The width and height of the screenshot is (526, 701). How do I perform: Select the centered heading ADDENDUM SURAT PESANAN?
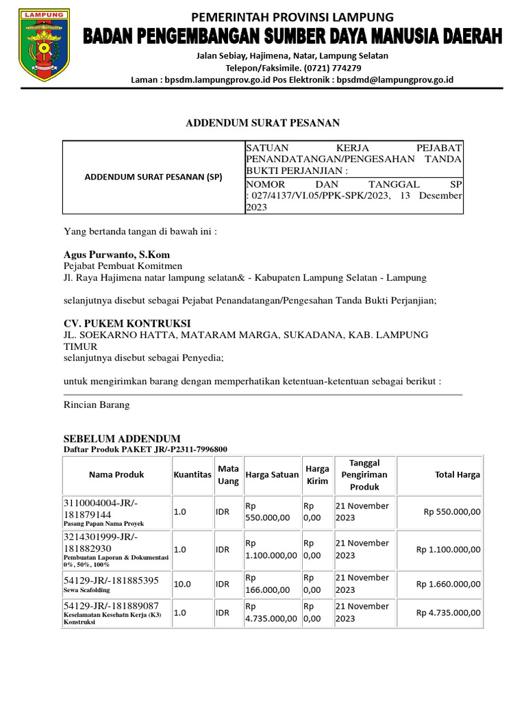(262, 123)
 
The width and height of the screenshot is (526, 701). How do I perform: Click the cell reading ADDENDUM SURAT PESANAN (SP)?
(153, 177)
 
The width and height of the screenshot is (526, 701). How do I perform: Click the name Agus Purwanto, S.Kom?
(116, 255)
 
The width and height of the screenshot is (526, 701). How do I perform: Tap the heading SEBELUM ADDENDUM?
(122, 438)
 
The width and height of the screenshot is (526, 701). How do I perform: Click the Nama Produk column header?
(116, 474)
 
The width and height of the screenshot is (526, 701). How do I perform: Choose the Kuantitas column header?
(192, 474)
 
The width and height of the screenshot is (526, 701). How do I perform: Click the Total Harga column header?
(458, 474)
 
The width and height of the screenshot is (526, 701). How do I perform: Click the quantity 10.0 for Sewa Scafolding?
(182, 583)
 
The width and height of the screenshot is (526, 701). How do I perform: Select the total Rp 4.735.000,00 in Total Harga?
(448, 612)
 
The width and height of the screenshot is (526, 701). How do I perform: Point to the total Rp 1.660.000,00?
(448, 584)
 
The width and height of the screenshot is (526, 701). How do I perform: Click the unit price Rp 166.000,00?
(271, 583)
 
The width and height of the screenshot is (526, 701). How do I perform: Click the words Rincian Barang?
(97, 405)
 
